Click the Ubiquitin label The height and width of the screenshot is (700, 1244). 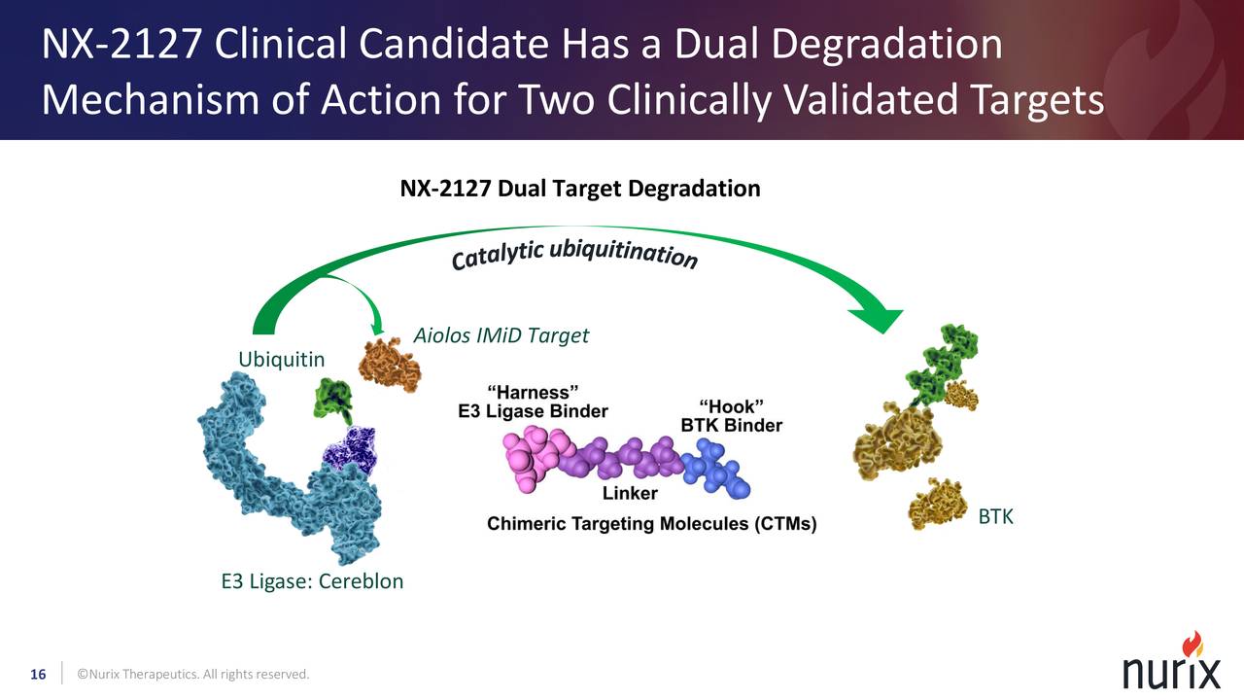[x=282, y=361]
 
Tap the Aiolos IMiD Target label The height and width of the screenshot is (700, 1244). [x=501, y=336]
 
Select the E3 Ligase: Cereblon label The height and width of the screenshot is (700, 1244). [x=312, y=582]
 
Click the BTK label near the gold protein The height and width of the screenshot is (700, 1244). [x=995, y=517]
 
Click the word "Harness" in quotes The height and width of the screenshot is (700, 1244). [x=534, y=392]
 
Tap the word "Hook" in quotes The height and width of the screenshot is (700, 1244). [x=731, y=406]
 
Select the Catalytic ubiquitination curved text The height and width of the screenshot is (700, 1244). [x=573, y=255]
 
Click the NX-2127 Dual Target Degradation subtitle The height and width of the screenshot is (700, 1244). [x=580, y=189]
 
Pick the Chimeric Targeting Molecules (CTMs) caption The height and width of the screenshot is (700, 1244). [x=652, y=525]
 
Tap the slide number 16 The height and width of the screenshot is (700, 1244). [x=39, y=675]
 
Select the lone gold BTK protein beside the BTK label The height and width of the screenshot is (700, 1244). [x=938, y=503]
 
